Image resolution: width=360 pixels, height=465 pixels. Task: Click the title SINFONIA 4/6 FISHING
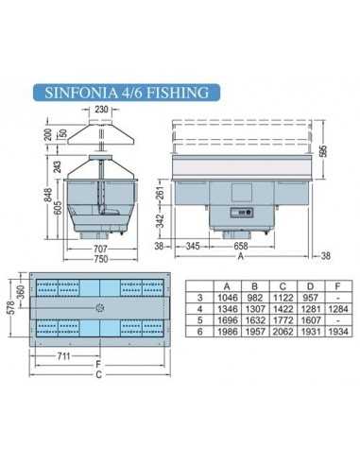[126, 94]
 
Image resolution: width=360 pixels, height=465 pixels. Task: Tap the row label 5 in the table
[198, 322]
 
